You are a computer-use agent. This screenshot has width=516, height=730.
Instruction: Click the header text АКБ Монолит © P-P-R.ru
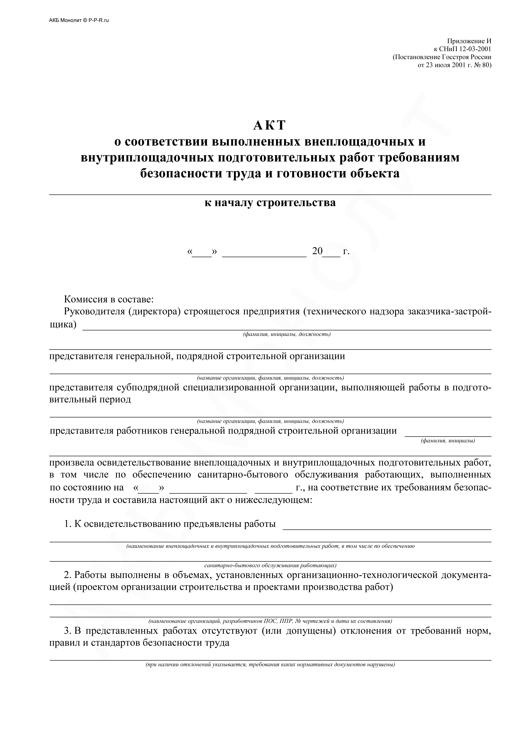point(79,20)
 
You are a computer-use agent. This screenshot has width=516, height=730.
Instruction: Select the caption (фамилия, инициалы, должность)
point(287,334)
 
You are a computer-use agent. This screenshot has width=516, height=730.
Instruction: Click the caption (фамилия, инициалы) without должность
point(448,441)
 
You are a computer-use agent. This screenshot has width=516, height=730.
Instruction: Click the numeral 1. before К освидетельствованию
point(67,524)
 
